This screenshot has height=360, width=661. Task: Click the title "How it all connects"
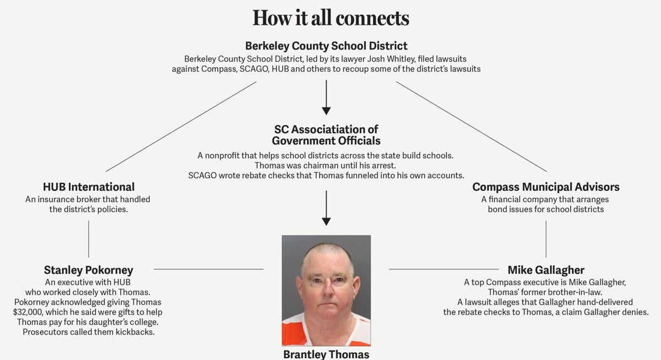pos(330,18)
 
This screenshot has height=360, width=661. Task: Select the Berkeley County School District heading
pos(326,46)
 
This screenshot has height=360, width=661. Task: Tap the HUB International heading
pos(89,187)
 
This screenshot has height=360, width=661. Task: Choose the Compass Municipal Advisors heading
pos(546,187)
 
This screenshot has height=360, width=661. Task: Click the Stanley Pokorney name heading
pos(89,270)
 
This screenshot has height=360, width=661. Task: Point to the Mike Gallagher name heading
pos(546,270)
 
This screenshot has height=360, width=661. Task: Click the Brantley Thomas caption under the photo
pos(326,354)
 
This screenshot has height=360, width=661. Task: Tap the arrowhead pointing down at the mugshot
pos(326,221)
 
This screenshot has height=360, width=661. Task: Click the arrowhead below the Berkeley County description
pos(326,111)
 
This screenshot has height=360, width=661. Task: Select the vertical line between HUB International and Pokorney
pos(89,239)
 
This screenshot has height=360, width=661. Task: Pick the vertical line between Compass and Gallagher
pos(546,239)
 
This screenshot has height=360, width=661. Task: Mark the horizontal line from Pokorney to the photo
pos(208,269)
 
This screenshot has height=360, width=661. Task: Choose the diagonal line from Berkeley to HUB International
pos(181,127)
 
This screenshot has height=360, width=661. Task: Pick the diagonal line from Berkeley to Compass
pos(471,127)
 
